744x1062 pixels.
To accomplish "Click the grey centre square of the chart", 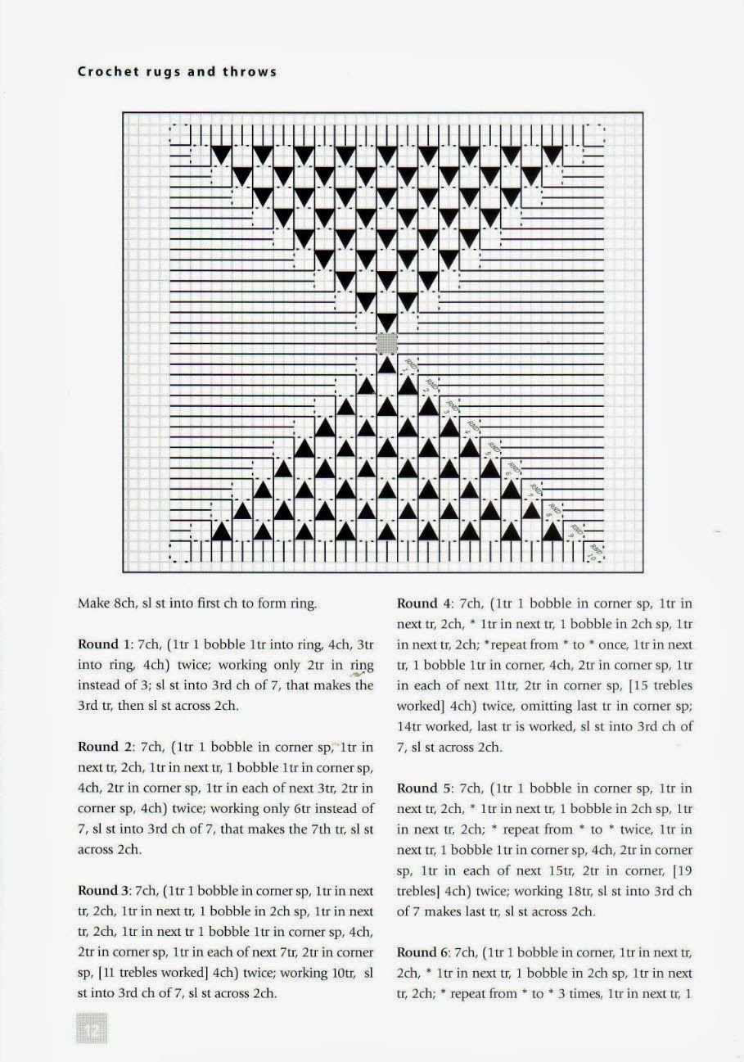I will [x=386, y=341].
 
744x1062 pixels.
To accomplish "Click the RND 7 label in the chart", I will [x=534, y=490].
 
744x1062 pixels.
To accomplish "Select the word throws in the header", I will [x=252, y=71].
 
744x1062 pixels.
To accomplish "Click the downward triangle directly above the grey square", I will [x=386, y=321].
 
